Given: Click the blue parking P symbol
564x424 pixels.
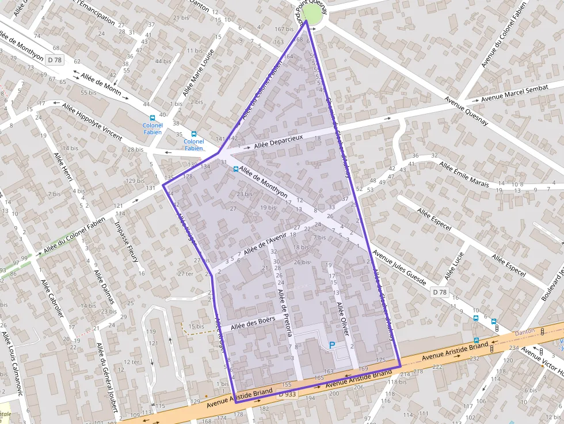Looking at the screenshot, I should tap(331, 345).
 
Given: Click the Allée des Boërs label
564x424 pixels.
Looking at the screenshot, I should tap(257, 323).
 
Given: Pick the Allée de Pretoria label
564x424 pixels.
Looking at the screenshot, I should tap(286, 313).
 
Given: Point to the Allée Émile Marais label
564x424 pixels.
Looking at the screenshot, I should tap(464, 174).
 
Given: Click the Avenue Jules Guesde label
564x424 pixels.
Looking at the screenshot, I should tap(399, 268).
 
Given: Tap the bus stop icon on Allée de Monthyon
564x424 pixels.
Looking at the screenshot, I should tap(235, 169).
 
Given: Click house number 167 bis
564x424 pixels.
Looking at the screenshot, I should tap(284, 29).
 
